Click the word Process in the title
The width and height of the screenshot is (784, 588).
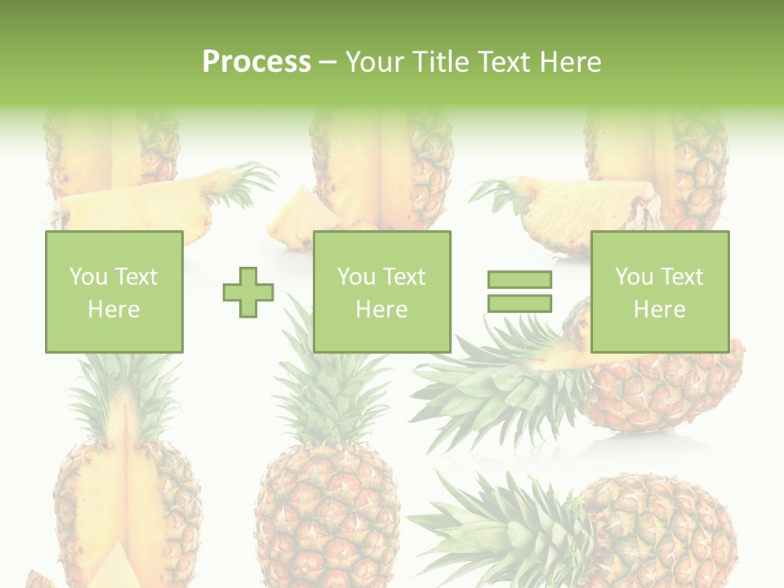[x=256, y=62]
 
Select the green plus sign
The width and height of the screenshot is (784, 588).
[x=248, y=292]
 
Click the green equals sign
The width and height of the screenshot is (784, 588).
[x=519, y=292]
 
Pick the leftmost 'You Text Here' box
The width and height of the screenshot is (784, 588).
[x=114, y=292]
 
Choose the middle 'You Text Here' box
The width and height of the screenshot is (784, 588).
[x=382, y=292]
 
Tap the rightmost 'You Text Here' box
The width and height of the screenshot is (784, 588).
[x=660, y=292]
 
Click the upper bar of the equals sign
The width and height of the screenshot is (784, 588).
[x=519, y=279]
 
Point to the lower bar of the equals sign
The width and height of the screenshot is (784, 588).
[x=519, y=304]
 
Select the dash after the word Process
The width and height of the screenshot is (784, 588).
[x=327, y=62]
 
